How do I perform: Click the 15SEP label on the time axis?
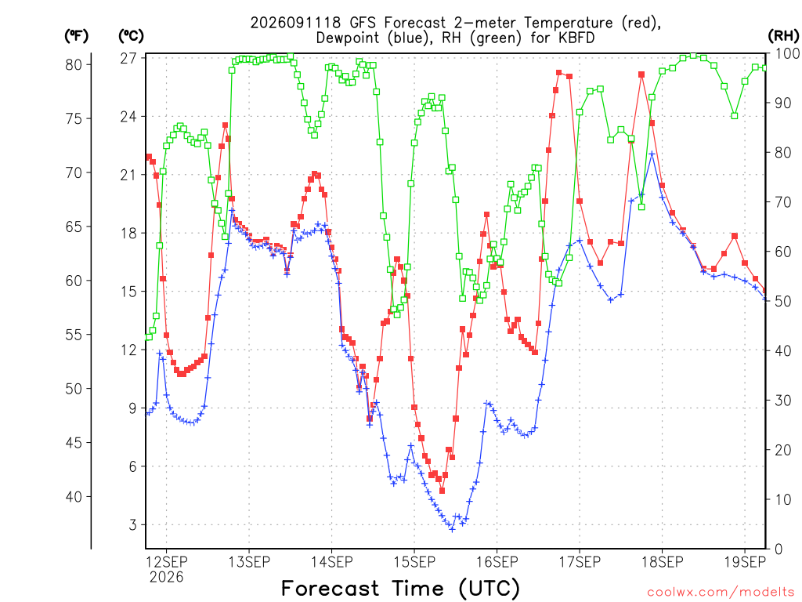click(x=414, y=562)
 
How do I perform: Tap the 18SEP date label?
click(x=663, y=562)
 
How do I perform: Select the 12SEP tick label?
click(x=167, y=562)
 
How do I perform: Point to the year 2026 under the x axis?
click(x=166, y=578)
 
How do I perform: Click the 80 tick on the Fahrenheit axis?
click(x=74, y=64)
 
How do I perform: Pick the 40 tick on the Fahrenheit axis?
click(x=74, y=496)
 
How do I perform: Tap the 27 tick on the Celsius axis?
click(x=129, y=58)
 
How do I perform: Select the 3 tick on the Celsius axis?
click(x=133, y=524)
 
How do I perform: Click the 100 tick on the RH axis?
click(x=788, y=53)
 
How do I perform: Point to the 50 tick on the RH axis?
click(x=783, y=301)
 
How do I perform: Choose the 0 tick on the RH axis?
click(x=779, y=549)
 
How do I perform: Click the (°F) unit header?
click(x=76, y=36)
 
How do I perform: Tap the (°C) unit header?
click(x=131, y=36)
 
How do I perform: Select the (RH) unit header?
click(x=783, y=36)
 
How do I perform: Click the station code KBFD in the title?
click(x=576, y=38)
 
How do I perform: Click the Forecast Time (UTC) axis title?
click(x=400, y=589)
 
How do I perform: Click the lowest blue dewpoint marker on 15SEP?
click(x=452, y=529)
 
